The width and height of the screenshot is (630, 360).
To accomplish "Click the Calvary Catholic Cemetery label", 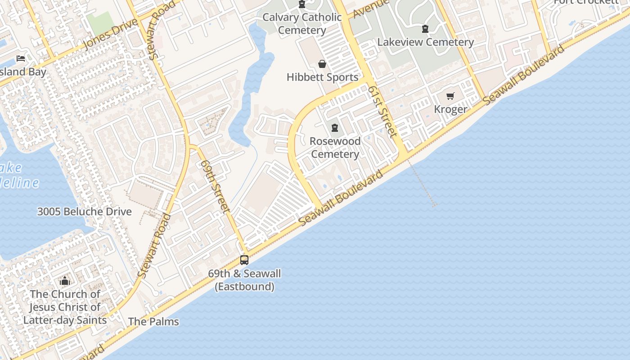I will (x=302, y=24).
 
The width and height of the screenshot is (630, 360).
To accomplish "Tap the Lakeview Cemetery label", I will (x=425, y=42).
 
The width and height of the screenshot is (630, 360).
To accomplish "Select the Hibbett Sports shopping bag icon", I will (x=322, y=64).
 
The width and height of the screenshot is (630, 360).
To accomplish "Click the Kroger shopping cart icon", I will (x=450, y=96).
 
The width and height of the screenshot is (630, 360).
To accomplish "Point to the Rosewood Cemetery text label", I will (x=335, y=148).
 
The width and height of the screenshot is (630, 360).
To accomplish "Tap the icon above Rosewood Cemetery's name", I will (x=335, y=128).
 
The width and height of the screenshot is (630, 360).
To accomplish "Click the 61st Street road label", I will (x=382, y=112).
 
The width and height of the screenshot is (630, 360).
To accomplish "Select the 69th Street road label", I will (x=216, y=185).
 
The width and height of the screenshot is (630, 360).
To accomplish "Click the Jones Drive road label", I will (x=110, y=35).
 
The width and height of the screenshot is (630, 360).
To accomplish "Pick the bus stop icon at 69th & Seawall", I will (x=244, y=260).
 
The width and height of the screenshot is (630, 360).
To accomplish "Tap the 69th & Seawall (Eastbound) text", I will (x=244, y=280).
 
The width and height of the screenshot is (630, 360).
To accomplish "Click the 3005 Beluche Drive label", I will (x=84, y=211).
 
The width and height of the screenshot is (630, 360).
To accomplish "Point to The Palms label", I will (x=153, y=322).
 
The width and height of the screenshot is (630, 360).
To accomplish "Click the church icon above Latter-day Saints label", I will (x=65, y=281).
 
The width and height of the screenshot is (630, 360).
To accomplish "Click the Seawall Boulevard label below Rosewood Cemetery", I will (x=342, y=198).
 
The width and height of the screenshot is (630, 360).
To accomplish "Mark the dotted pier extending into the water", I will (x=422, y=184).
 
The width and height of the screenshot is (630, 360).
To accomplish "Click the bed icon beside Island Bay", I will (x=21, y=58).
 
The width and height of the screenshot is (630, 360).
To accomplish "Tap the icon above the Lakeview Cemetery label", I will (x=425, y=29).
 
